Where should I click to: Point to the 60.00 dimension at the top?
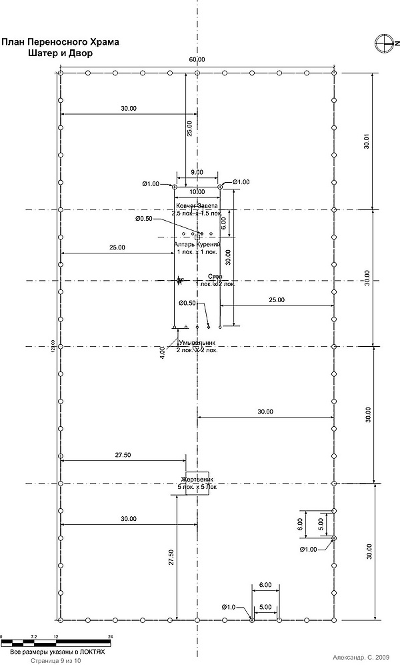point(197,60)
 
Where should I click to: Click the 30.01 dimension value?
point(365,142)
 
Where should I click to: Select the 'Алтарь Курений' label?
point(197,245)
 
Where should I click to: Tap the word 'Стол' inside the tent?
point(215,276)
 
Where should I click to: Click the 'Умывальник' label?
point(197,343)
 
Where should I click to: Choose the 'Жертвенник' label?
point(197,480)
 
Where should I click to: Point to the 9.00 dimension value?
point(197,173)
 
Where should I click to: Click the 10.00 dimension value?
point(197,192)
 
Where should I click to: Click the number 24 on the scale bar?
point(110,636)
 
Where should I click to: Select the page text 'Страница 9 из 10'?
point(55,660)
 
